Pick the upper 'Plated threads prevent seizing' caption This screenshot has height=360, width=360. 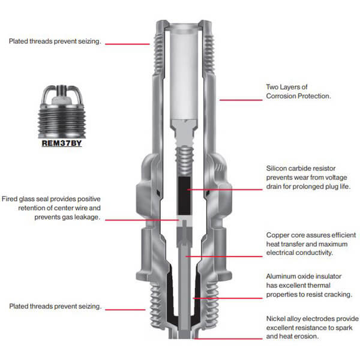pos(55,41)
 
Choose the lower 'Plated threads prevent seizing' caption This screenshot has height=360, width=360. pos(55,306)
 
